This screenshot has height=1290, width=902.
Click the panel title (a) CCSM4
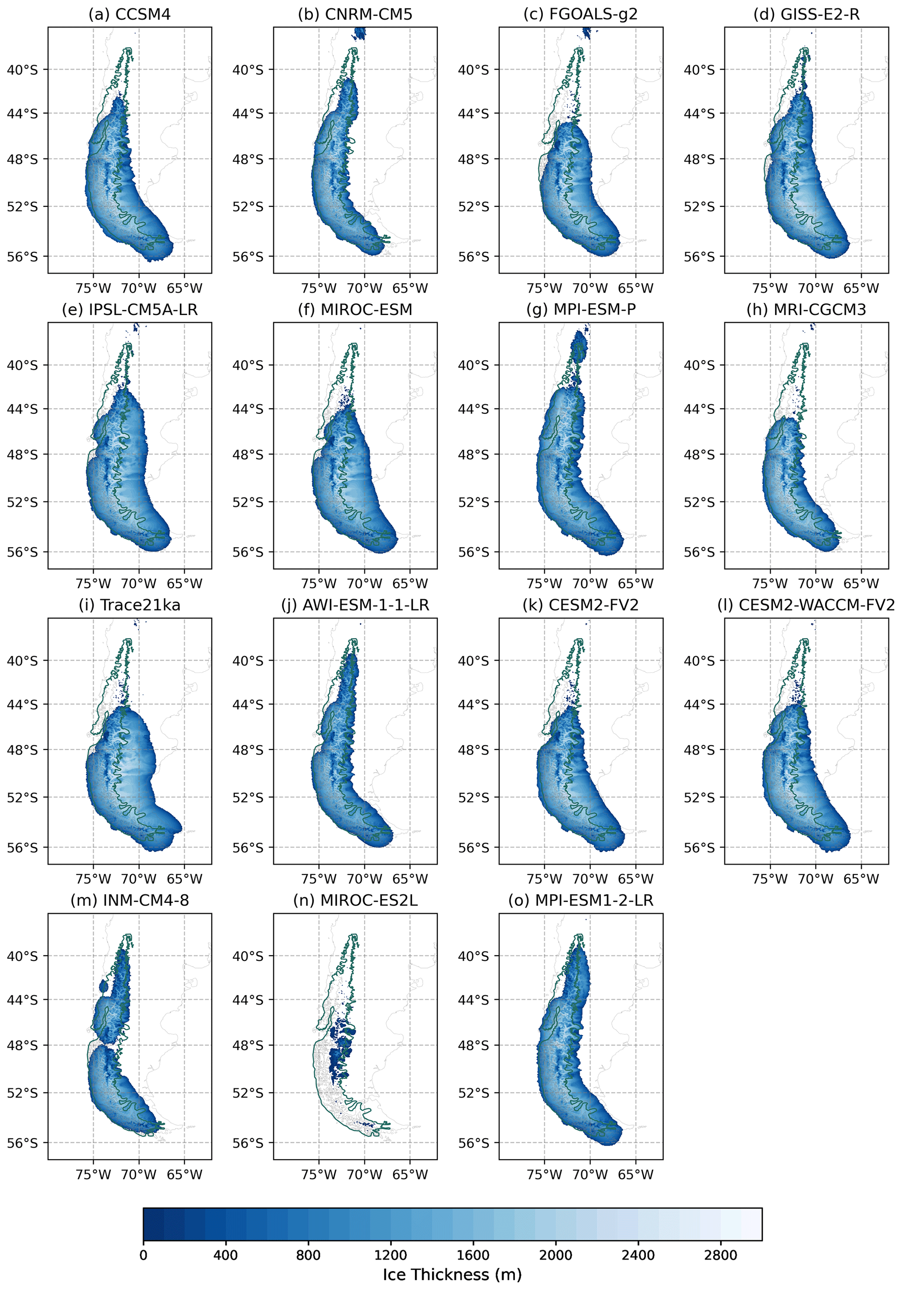[x=129, y=14]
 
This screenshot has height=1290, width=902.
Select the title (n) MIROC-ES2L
[x=355, y=901]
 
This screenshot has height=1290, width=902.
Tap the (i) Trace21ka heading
[x=129, y=605]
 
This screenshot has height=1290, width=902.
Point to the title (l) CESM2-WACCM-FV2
[x=806, y=605]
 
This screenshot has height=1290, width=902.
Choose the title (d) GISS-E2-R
[x=806, y=14]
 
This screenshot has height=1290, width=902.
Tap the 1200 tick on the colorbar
[x=391, y=1255]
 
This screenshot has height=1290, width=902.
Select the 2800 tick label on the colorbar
[x=720, y=1255]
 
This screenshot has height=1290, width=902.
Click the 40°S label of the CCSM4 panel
[x=23, y=70]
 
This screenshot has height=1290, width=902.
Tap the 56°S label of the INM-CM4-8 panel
[x=23, y=1143]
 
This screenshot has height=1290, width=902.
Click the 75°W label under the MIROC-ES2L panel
[x=319, y=1175]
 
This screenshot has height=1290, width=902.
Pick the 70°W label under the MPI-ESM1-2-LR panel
[x=590, y=1175]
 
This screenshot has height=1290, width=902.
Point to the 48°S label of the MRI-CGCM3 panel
[x=699, y=455]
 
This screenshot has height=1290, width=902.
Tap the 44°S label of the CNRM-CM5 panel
[x=248, y=114]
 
